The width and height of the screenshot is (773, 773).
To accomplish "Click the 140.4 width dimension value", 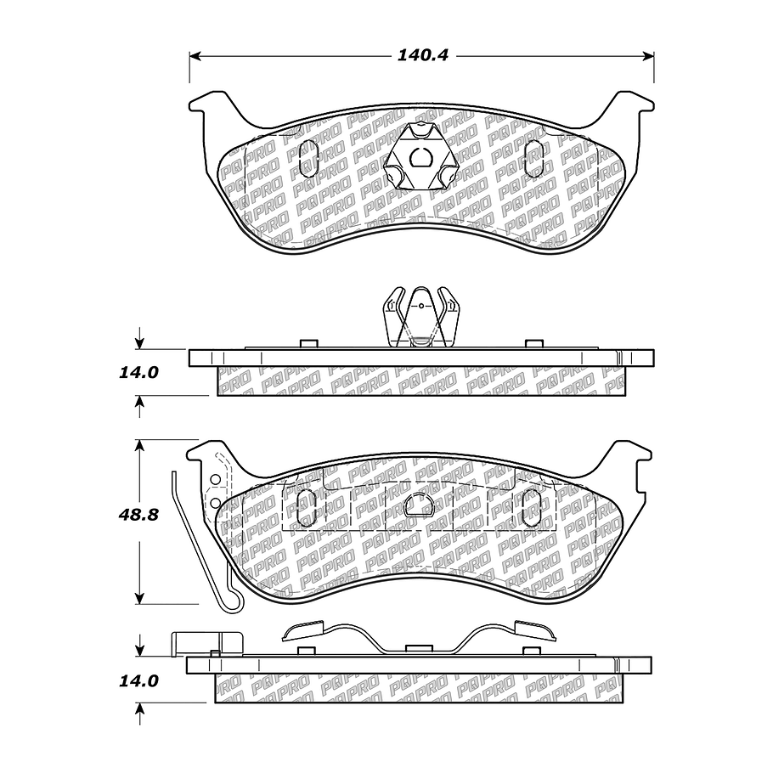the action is coord(422,55).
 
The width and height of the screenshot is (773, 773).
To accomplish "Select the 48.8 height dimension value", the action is coord(138,515).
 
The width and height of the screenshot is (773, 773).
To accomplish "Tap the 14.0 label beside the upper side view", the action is coord(138,372).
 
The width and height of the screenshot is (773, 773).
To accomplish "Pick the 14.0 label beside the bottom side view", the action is coord(138,680).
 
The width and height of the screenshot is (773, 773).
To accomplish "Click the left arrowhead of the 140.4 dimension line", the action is coord(195,56).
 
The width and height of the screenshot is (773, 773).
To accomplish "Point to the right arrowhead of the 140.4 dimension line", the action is coord(648,56).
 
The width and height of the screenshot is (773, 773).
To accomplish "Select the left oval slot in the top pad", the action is coord(308,158).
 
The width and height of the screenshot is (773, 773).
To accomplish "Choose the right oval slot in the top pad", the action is coord(534,158).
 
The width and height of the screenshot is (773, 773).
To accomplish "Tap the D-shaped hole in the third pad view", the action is coord(419,505).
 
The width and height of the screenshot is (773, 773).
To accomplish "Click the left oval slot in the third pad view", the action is coord(307,508).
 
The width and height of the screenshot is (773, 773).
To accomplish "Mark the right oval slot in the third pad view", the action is coord(532,508).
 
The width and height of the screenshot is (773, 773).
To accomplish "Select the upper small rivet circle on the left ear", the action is coord(215,479).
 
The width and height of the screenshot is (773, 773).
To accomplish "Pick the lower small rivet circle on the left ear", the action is coord(215,503).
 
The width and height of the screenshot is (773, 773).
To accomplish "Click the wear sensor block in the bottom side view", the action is coord(206,643).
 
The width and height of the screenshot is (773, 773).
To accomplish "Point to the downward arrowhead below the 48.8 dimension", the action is coord(140,598).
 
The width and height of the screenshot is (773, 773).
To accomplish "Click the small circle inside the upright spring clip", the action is coord(421,306).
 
